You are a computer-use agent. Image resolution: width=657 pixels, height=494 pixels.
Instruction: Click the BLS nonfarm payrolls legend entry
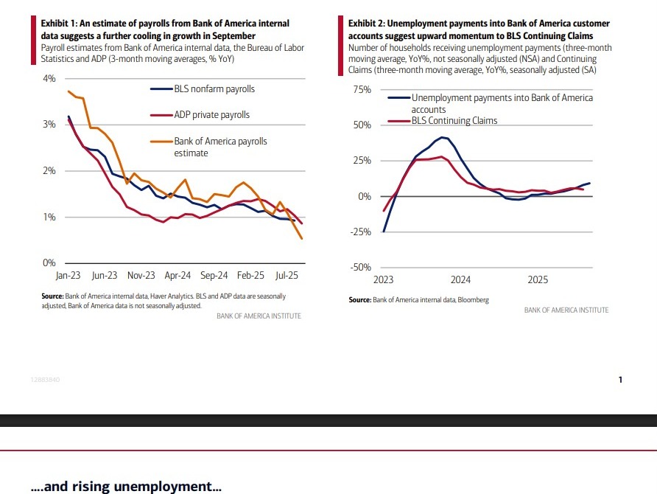[214, 89]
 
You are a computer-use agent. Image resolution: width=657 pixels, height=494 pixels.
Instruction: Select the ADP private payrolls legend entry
[211, 115]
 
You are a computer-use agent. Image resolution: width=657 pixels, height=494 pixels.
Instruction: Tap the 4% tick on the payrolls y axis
[50, 78]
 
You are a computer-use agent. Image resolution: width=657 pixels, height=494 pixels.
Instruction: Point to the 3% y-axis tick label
[50, 125]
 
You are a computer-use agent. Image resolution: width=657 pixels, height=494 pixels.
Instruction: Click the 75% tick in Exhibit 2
[362, 89]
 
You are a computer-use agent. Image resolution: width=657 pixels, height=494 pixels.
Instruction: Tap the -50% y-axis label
[361, 268]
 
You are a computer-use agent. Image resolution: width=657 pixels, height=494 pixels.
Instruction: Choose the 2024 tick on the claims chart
[461, 280]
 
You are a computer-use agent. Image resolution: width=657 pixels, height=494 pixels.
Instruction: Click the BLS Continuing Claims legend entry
[454, 120]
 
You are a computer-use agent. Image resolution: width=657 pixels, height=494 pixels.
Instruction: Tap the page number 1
[620, 380]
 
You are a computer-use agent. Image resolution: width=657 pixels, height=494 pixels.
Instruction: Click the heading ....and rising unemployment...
[126, 487]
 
